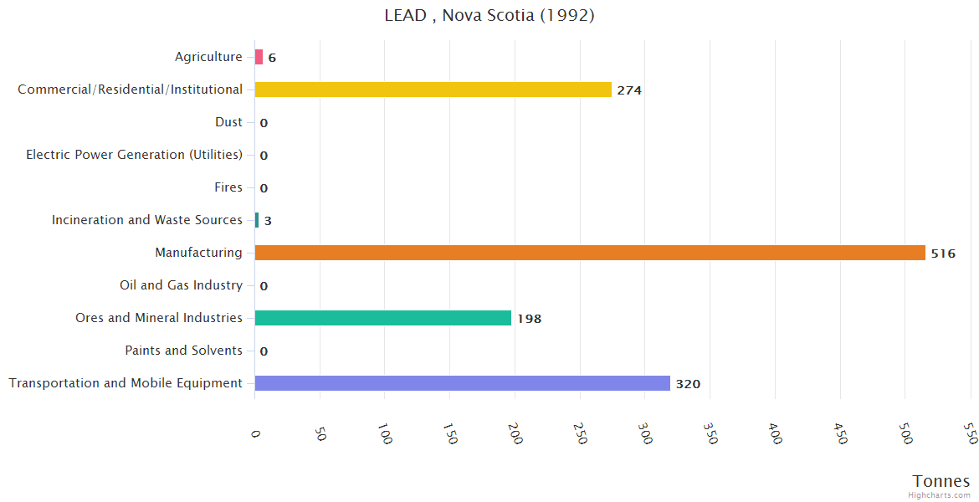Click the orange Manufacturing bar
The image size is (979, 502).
point(590,253)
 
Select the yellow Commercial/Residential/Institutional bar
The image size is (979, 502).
point(433,90)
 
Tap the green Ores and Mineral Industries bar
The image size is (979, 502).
point(382,318)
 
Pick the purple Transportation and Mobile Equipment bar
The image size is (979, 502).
point(462,383)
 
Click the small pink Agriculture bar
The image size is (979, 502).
point(259,57)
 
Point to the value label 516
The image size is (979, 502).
point(943,254)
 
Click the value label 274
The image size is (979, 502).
point(629,90)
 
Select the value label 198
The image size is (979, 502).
point(529,319)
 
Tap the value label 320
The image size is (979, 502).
point(688,384)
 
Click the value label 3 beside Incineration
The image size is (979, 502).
point(268,221)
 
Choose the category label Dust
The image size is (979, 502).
point(228,122)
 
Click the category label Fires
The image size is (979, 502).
point(228,187)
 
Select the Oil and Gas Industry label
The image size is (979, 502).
point(181,285)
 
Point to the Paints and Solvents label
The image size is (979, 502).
point(183,351)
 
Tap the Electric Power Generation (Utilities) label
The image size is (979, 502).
point(134,155)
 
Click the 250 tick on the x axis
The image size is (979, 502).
point(579,433)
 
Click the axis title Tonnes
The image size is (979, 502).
point(941,481)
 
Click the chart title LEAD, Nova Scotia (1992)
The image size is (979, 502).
point(489,15)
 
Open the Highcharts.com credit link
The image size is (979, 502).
point(941,495)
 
